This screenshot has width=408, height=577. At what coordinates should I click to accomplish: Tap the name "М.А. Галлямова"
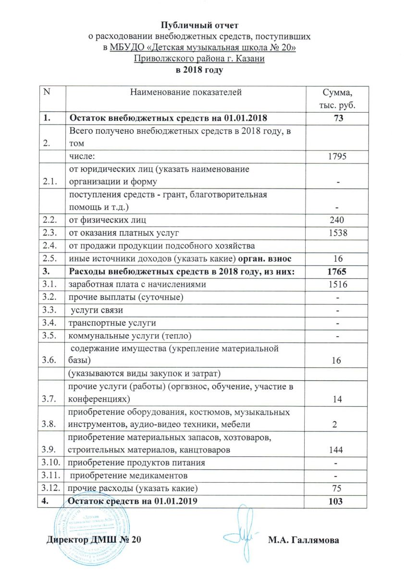tap(303, 540)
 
